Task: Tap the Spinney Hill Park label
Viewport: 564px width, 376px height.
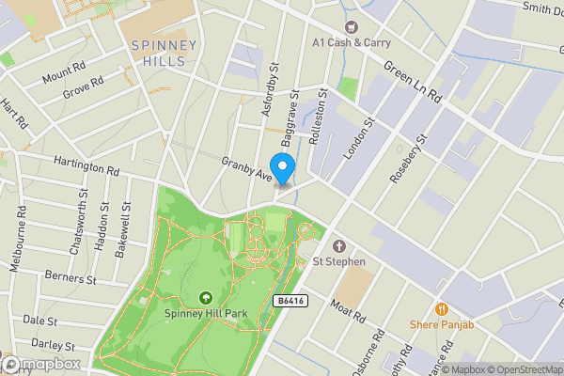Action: [205, 314]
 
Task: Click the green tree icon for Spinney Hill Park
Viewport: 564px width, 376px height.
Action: [205, 298]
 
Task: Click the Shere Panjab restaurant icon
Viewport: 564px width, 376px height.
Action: [439, 308]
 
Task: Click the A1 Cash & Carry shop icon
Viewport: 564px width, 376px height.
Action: [352, 27]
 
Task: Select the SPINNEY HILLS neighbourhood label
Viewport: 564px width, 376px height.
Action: [164, 52]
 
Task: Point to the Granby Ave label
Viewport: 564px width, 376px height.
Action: [246, 168]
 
